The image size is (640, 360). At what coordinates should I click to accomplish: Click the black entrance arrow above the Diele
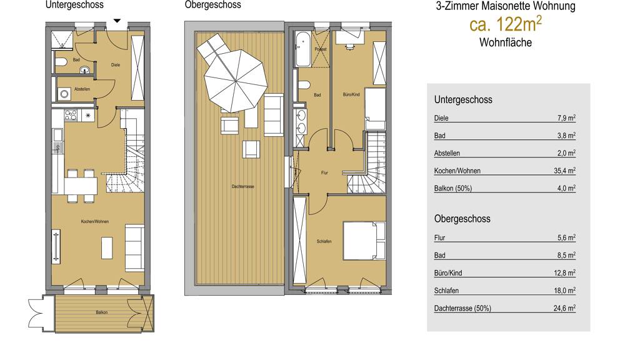[x=117, y=21]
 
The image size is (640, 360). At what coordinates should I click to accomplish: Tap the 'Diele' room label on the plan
[x=116, y=65]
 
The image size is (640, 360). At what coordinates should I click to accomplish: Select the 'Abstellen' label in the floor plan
[x=82, y=89]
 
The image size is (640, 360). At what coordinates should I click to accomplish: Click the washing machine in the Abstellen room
[x=64, y=94]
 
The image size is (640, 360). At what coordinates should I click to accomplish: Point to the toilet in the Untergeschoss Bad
[x=61, y=62]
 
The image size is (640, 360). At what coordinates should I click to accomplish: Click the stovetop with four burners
[x=71, y=115]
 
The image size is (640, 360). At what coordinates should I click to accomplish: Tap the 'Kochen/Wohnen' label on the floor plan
[x=95, y=222]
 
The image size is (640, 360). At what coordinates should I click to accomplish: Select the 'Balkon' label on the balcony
[x=102, y=312]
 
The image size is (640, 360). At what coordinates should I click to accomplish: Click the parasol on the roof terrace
[x=236, y=81]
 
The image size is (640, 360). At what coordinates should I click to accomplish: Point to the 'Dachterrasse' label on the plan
[x=243, y=186]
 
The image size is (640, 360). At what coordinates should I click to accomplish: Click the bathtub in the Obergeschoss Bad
[x=302, y=49]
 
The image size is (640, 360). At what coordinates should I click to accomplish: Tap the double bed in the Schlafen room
[x=364, y=241]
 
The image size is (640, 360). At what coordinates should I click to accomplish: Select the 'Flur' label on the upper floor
[x=324, y=172]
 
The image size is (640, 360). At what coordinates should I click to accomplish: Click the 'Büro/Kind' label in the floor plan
[x=351, y=94]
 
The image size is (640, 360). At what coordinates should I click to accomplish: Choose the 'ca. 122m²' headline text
[x=506, y=24]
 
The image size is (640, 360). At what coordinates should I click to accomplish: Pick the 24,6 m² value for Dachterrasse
[x=564, y=307]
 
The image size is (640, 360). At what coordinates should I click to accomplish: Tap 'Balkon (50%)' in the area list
[x=452, y=188]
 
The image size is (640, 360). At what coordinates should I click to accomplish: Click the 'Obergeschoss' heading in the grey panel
[x=462, y=219]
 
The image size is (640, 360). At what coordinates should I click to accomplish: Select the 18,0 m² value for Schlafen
[x=564, y=290]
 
